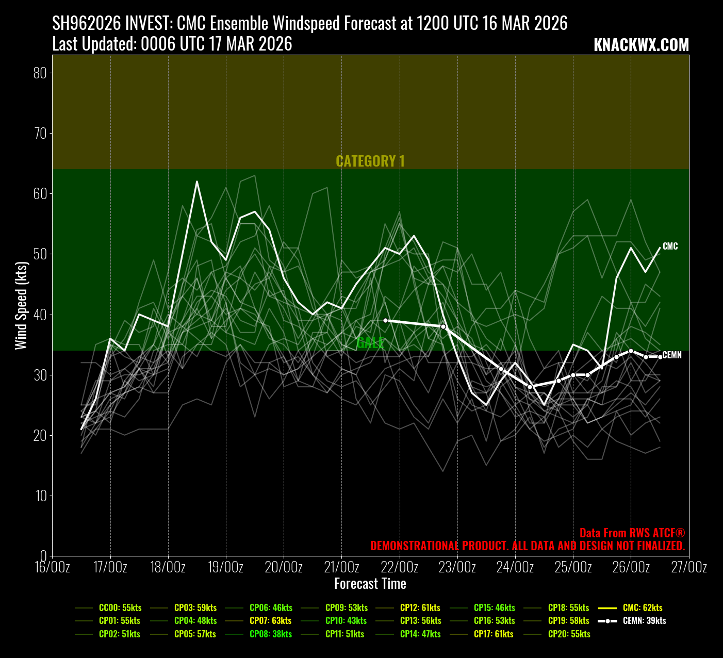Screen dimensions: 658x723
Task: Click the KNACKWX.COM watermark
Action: [641, 45]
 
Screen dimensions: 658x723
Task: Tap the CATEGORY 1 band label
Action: [370, 161]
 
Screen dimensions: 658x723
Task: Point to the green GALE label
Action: [370, 342]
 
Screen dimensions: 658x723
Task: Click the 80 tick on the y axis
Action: [40, 73]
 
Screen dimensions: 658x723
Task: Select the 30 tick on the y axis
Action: [40, 375]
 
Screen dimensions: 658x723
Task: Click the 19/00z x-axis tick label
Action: [226, 567]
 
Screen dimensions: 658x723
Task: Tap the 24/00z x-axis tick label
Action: [515, 567]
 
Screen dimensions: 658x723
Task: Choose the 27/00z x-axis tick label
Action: [688, 567]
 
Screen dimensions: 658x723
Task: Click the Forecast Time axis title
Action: [370, 584]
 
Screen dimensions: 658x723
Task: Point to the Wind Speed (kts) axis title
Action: [21, 305]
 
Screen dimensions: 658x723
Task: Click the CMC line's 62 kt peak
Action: [197, 182]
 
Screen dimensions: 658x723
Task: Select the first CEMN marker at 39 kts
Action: [385, 320]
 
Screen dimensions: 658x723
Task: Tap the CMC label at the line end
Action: [670, 246]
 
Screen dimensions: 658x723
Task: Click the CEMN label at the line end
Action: [671, 355]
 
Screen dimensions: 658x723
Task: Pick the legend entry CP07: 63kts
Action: [270, 621]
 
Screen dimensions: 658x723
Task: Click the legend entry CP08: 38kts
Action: [270, 634]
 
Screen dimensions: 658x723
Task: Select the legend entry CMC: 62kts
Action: [642, 608]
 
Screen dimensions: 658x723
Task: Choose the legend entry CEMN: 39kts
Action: [644, 621]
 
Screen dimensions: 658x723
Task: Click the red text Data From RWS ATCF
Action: [632, 533]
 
